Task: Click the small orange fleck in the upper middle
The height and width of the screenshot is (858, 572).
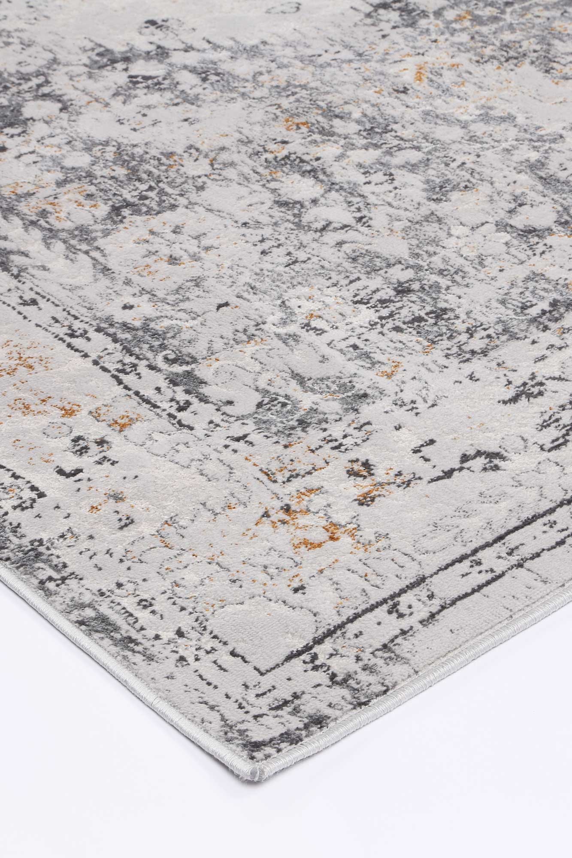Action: [x=296, y=124]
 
